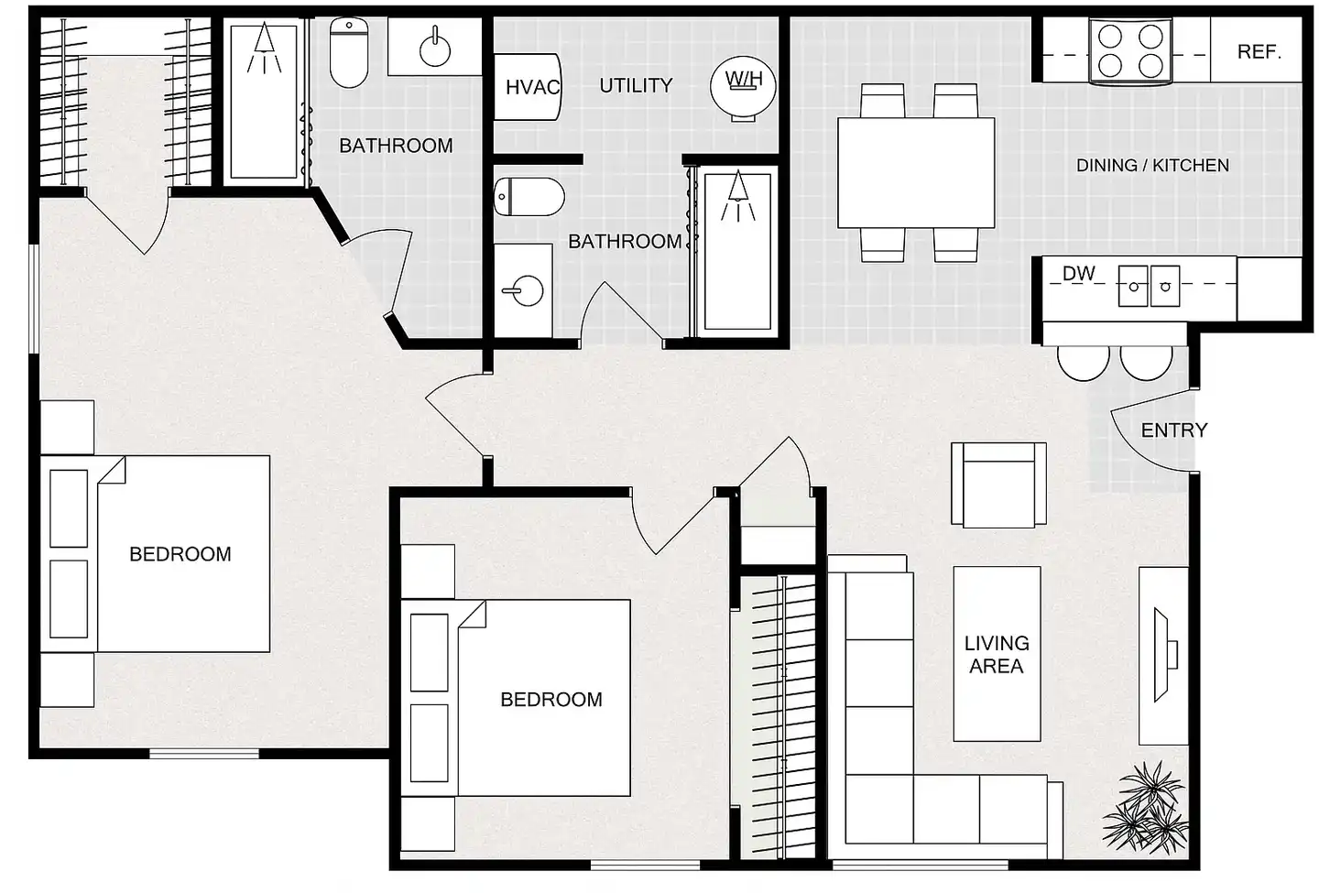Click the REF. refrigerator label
click(1259, 52)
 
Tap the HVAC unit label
click(533, 88)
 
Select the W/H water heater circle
click(743, 86)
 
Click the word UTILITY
click(636, 86)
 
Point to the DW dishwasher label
click(1079, 273)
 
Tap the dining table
click(916, 172)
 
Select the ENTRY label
click(1174, 430)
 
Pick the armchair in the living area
click(998, 485)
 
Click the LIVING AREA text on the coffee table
click(997, 655)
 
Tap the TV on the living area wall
click(1164, 655)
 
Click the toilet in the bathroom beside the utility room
click(529, 197)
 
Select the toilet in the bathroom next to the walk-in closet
click(349, 53)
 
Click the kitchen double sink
click(1149, 286)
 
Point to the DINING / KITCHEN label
click(1153, 166)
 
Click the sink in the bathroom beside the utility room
click(523, 291)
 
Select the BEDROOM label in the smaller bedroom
click(551, 700)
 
